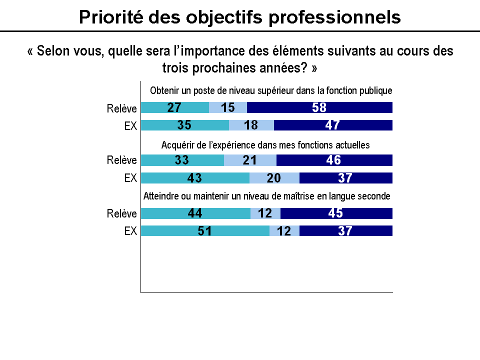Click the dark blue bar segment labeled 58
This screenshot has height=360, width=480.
point(319,107)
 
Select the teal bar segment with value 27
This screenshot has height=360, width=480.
point(174,107)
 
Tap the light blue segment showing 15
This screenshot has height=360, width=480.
point(227,107)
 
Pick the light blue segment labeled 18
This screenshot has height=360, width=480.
point(251,125)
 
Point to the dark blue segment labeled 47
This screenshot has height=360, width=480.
point(333,125)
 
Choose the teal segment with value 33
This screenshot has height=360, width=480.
point(182,160)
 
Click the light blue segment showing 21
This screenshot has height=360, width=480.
point(250,160)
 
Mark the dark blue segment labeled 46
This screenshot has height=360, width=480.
point(334,160)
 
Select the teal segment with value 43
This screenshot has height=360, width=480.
point(195,178)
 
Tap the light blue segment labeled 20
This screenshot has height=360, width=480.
point(274,178)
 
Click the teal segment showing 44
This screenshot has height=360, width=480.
point(195,213)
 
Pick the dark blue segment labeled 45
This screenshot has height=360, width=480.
point(336,213)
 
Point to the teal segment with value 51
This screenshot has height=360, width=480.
point(205,230)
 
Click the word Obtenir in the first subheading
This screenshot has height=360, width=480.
point(163,91)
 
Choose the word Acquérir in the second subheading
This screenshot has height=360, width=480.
point(177,145)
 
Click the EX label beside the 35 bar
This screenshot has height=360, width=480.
point(130,125)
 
